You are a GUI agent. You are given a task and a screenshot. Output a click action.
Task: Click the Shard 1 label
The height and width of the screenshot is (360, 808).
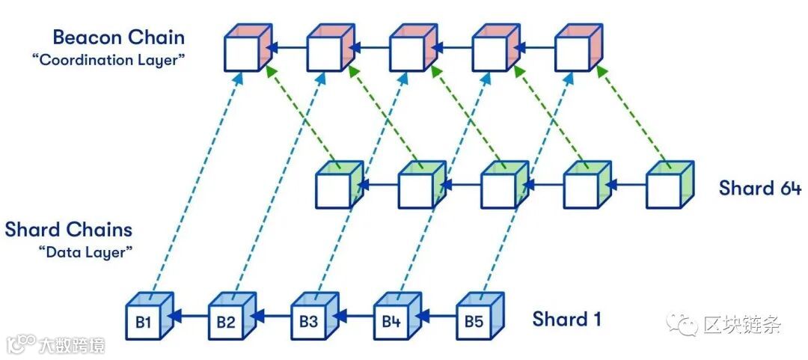pos(566,320)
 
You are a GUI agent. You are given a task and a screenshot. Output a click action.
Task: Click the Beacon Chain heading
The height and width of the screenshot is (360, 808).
pos(118,37)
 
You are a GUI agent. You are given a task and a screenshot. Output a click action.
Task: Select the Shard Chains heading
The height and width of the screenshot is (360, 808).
pos(69,229)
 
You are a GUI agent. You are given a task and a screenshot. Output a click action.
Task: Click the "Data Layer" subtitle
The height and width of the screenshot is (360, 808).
pos(85,252)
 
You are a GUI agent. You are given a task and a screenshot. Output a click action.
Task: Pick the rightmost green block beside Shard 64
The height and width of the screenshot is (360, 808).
pos(666,186)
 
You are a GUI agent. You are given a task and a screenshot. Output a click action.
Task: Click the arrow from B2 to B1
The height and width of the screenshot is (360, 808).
pos(189,317)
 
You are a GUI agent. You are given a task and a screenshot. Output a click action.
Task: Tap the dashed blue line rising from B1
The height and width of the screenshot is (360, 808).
pos(195,180)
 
